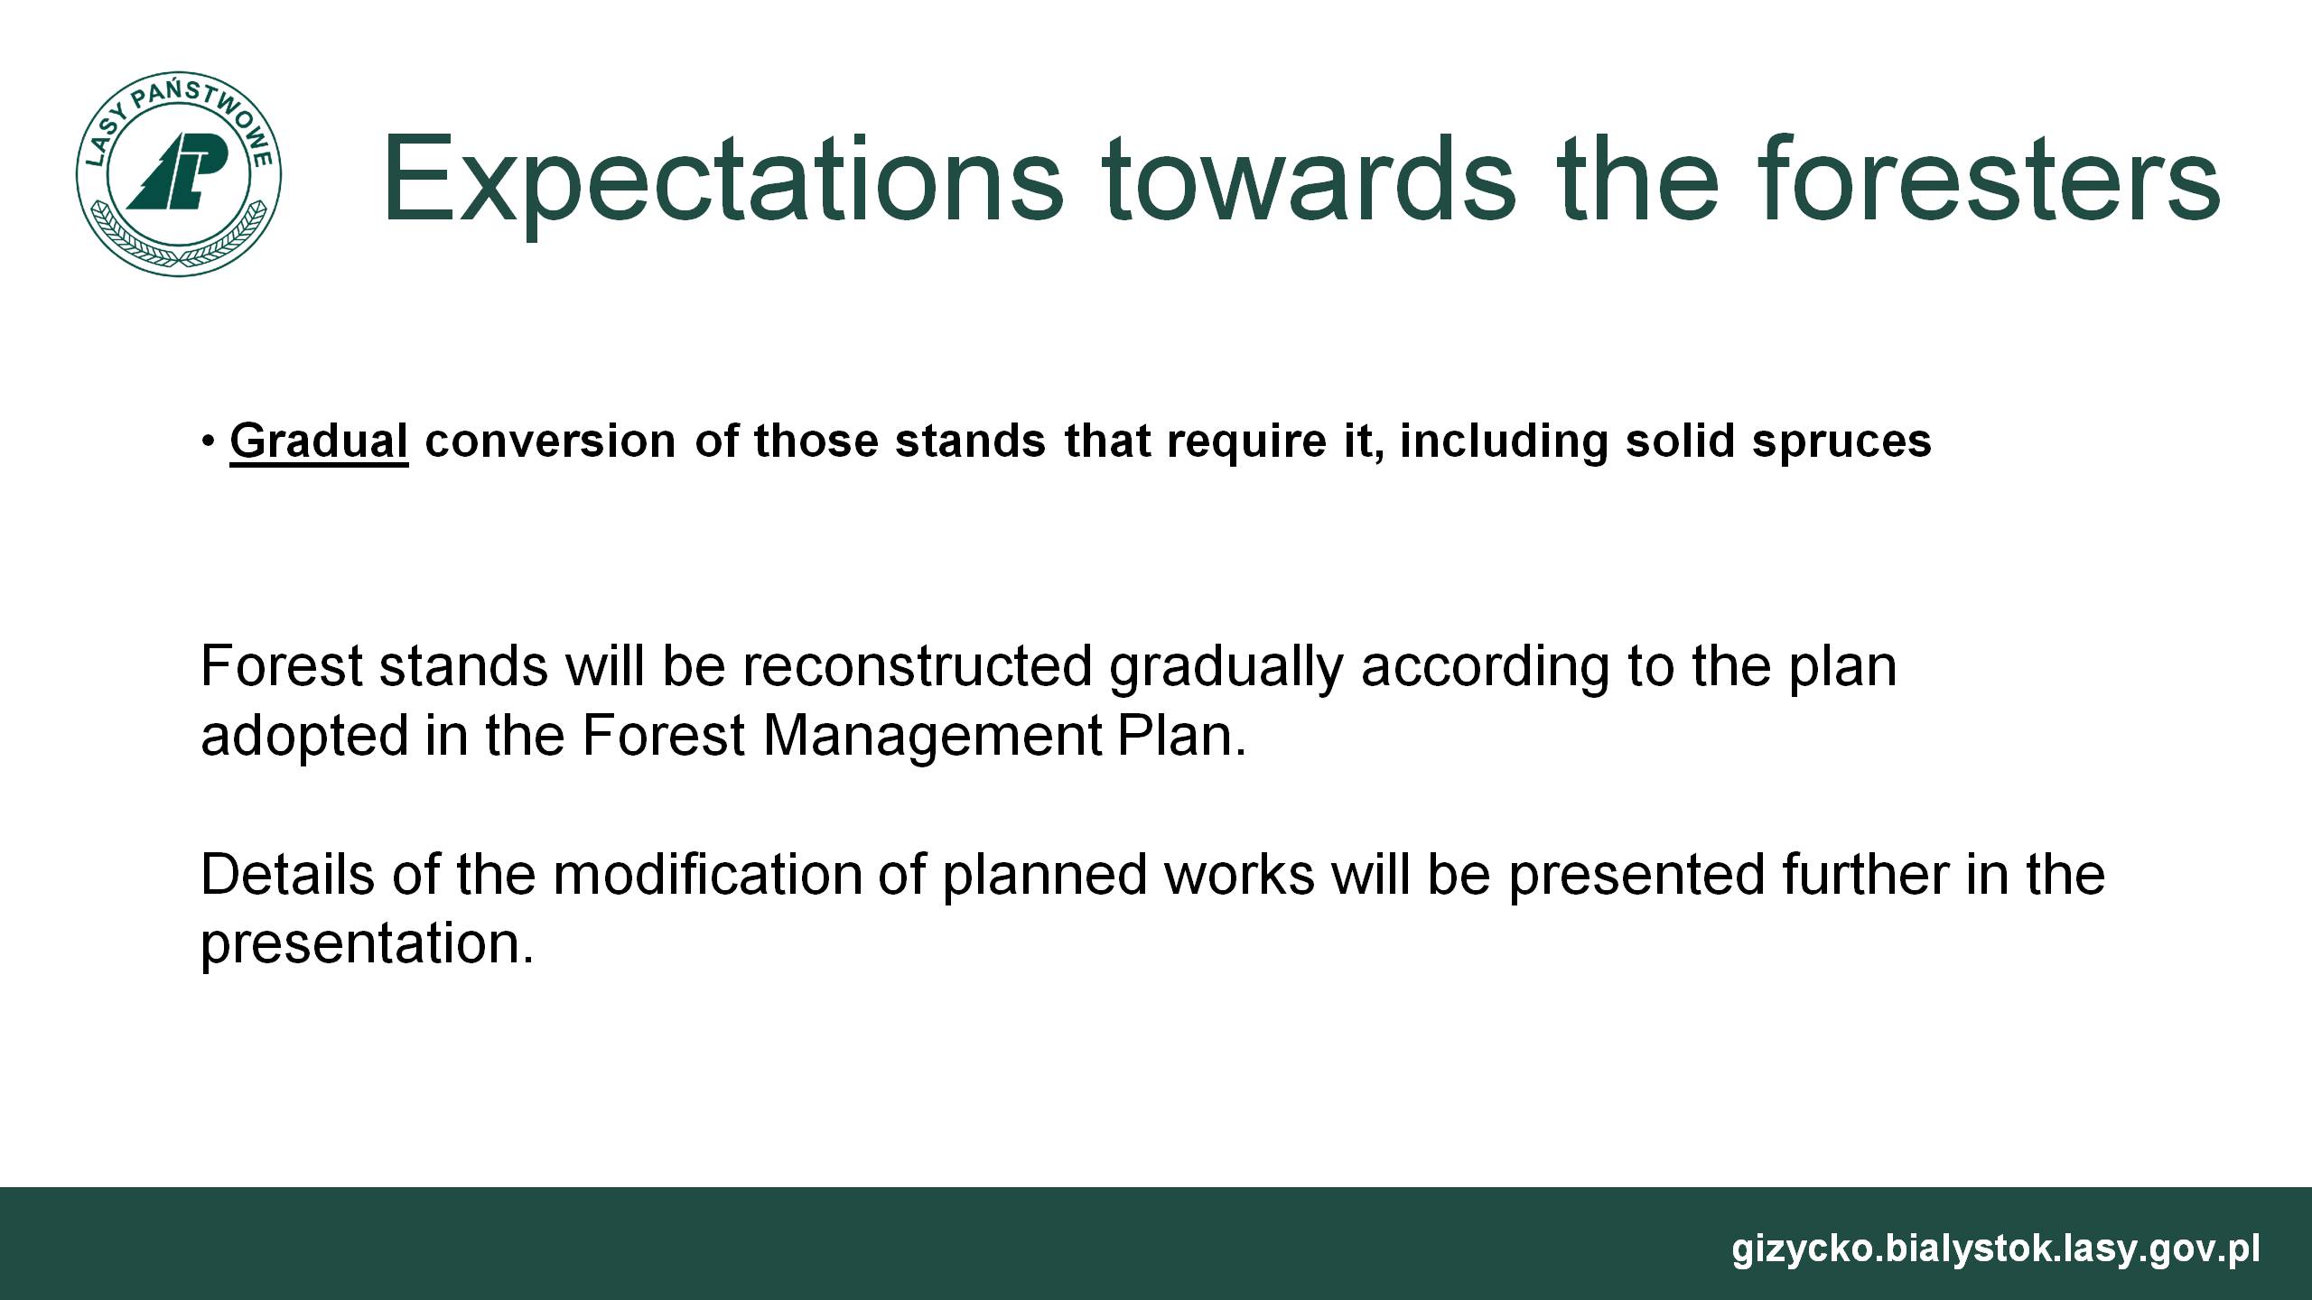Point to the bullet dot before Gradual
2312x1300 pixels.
click(209, 441)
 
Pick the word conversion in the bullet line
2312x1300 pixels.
click(550, 441)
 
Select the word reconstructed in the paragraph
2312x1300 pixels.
click(918, 666)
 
